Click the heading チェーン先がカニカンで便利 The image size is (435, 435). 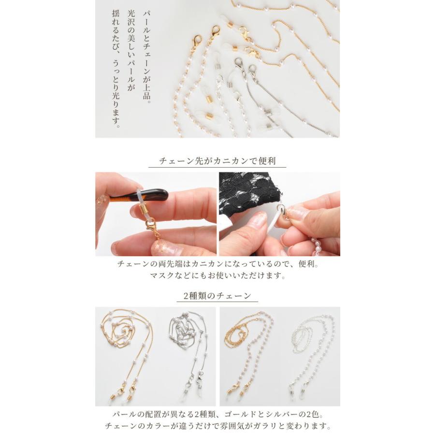tap(217, 161)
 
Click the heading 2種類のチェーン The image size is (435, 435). tap(217, 295)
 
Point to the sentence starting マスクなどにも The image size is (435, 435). tap(217, 276)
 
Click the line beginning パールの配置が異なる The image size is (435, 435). tap(217, 414)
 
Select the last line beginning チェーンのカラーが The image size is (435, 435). tap(217, 426)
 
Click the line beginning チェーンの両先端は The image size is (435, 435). tap(217, 264)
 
